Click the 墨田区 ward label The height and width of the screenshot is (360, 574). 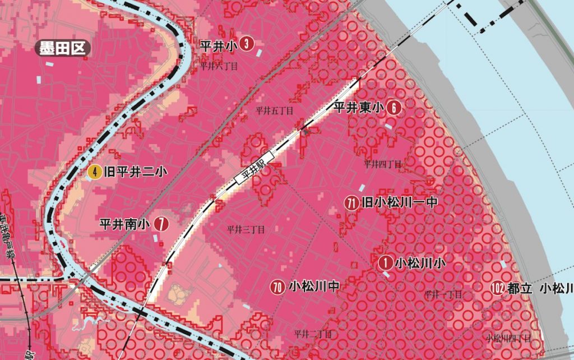pyautogui.click(x=62, y=48)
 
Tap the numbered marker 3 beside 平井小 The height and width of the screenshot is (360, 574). pyautogui.click(x=245, y=43)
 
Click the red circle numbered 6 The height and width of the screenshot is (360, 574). pyautogui.click(x=394, y=109)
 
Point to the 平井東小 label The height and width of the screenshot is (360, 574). pyautogui.click(x=359, y=108)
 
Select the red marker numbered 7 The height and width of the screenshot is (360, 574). pyautogui.click(x=161, y=224)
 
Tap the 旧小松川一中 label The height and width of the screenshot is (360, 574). pyautogui.click(x=399, y=202)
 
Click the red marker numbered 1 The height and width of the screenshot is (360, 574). pyautogui.click(x=386, y=262)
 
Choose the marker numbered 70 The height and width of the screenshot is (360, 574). pyautogui.click(x=277, y=288)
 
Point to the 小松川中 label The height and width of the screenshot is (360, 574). pyautogui.click(x=314, y=287)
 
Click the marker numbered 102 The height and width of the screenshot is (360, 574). pyautogui.click(x=497, y=289)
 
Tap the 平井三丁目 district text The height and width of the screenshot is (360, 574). pyautogui.click(x=246, y=229)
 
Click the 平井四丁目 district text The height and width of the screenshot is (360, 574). pyautogui.click(x=383, y=164)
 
